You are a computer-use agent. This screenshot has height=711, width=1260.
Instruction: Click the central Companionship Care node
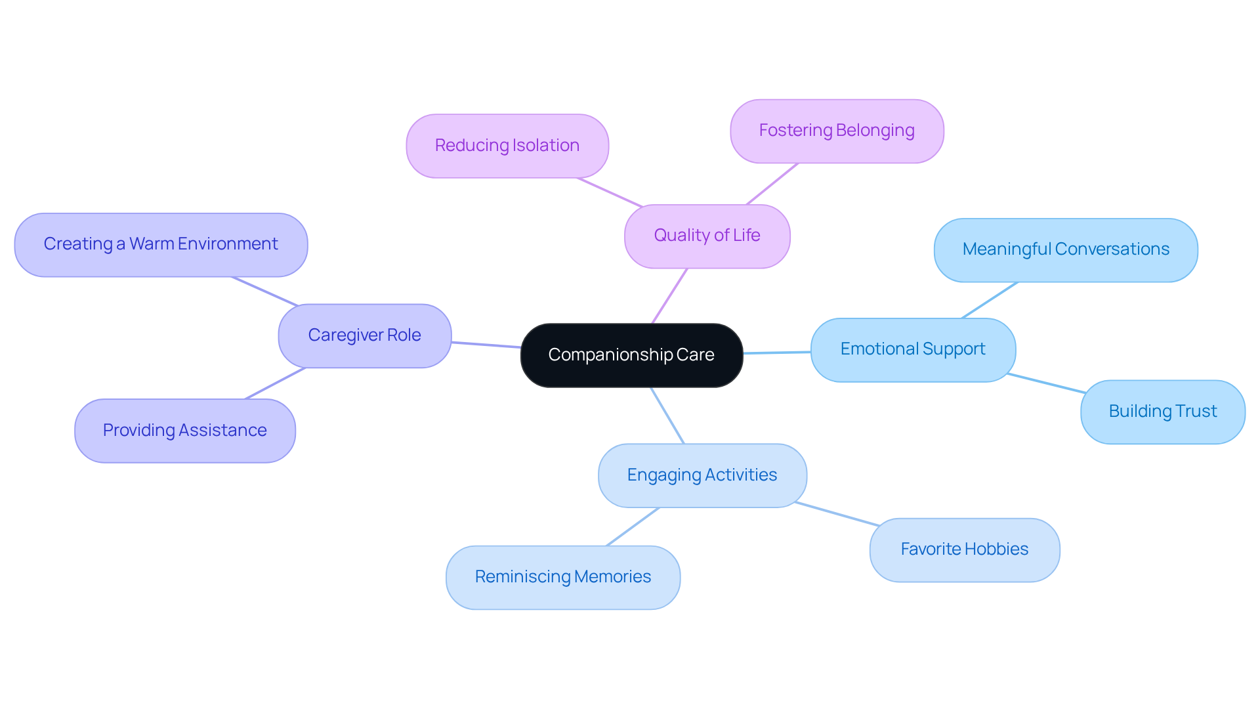631,355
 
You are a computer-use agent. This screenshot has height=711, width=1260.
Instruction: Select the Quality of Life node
707,236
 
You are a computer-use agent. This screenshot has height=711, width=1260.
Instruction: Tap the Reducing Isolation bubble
507,146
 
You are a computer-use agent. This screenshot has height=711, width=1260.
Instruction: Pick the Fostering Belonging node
837,131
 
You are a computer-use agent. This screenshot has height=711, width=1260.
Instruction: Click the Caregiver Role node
364,335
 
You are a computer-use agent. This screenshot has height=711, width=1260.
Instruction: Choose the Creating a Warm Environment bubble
161,244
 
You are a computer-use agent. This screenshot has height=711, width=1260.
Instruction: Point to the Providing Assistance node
184,431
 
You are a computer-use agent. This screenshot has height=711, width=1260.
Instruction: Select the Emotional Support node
913,349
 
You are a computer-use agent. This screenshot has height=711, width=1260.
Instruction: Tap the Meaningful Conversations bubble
1066,249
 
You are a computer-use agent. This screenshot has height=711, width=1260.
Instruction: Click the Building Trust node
1162,412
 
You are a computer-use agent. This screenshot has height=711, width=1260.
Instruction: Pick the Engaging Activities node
702,475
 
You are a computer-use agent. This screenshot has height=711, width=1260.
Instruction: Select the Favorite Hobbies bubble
964,549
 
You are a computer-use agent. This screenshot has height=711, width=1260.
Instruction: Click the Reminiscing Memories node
562,577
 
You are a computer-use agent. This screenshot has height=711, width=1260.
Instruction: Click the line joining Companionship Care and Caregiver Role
486,345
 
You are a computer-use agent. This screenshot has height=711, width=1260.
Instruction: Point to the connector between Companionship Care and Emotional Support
777,353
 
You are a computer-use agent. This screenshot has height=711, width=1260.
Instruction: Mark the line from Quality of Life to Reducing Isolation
610,192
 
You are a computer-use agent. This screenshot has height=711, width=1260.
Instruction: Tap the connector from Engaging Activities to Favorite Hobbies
837,514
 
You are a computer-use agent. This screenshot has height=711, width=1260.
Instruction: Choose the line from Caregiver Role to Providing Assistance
275,383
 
